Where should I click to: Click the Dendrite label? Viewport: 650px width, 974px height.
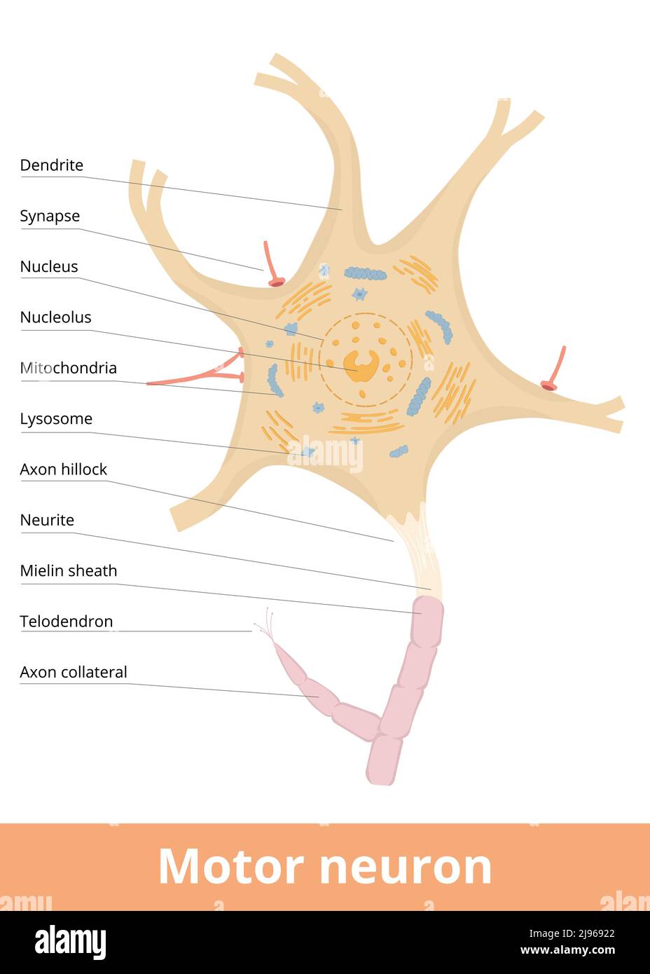[x=51, y=165]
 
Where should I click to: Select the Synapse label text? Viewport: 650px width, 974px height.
[x=50, y=216]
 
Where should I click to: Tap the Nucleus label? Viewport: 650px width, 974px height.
[x=49, y=266]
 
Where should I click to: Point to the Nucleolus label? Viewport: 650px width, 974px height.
[x=55, y=317]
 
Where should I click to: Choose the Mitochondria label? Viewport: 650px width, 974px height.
[x=68, y=368]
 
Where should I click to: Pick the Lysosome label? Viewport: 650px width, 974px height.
[x=56, y=419]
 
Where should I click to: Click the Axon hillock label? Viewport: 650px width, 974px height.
[x=63, y=469]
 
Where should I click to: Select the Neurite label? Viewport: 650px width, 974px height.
[x=47, y=520]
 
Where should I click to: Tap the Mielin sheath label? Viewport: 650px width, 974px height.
[x=68, y=571]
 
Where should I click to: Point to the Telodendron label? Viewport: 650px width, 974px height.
[x=66, y=622]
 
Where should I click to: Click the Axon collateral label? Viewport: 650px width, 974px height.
[x=74, y=673]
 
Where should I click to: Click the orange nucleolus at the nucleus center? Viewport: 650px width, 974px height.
[x=361, y=365]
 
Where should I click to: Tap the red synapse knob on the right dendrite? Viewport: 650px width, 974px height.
[x=549, y=385]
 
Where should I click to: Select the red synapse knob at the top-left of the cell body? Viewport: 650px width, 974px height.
[x=277, y=282]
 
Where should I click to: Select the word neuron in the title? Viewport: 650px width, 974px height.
[x=406, y=867]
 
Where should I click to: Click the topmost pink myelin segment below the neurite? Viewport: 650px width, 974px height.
[x=427, y=622]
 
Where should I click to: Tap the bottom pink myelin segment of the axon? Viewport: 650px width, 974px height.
[x=384, y=760]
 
